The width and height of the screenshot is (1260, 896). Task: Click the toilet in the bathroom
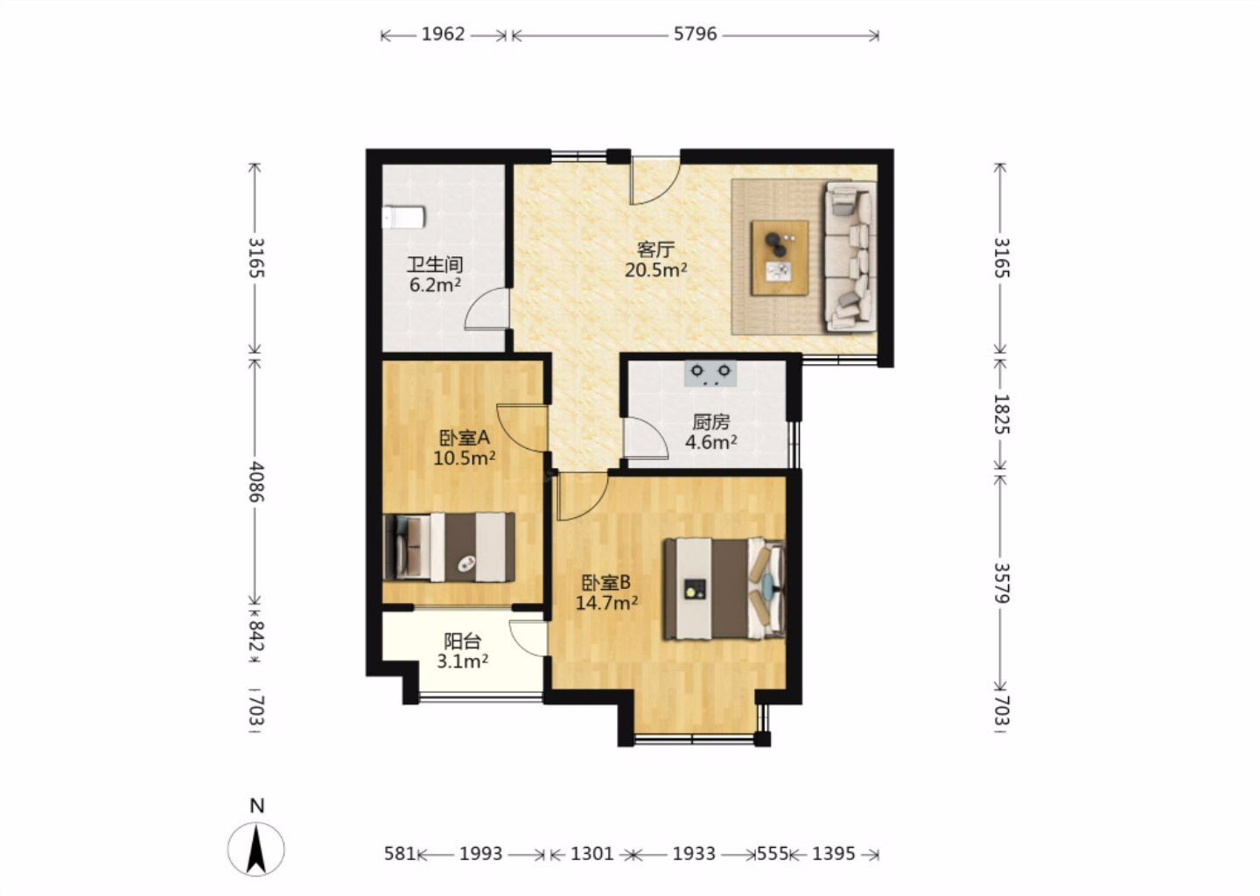tap(403, 217)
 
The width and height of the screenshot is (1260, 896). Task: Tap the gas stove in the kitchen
tap(710, 374)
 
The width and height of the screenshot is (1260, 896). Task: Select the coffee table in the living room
tap(780, 257)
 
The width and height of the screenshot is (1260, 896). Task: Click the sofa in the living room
tap(850, 255)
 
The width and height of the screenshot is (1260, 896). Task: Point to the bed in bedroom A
tap(449, 547)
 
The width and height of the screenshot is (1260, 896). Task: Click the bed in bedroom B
tap(724, 589)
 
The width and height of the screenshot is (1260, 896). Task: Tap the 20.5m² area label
tap(656, 270)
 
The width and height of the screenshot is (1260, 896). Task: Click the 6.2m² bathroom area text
tap(436, 285)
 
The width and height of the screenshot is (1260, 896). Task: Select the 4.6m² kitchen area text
tap(711, 443)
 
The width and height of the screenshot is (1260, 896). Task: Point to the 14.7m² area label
tap(606, 604)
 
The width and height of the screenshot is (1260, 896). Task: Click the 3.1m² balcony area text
tap(462, 662)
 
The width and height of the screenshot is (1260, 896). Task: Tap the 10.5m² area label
tap(464, 458)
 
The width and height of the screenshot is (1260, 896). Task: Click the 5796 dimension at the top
tap(696, 34)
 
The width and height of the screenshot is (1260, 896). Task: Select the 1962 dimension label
tap(444, 34)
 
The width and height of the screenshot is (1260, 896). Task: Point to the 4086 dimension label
tap(256, 482)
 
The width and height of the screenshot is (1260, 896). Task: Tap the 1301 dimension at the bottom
tap(592, 854)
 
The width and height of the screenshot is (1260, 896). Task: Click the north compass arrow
tap(256, 849)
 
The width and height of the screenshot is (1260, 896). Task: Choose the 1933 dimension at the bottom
tap(694, 854)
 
